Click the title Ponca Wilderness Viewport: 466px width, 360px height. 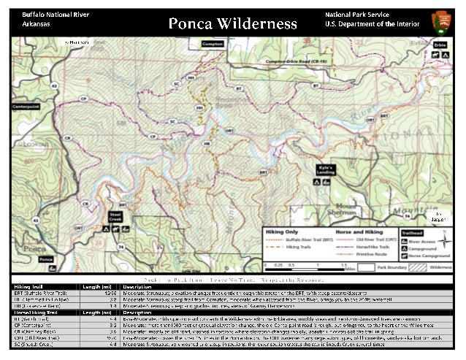(x=232, y=23)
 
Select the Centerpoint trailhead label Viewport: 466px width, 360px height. (x=25, y=107)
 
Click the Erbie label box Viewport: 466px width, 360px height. (x=440, y=45)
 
